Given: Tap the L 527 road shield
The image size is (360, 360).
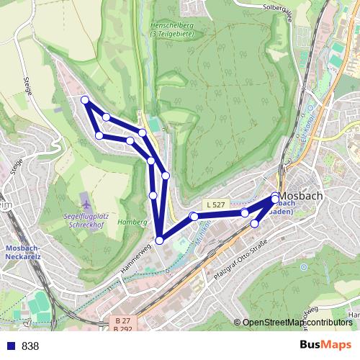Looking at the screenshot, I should pos(215,205).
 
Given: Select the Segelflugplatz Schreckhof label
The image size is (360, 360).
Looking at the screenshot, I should pos(86,220).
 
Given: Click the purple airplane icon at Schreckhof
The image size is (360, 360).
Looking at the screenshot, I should pos(86,199).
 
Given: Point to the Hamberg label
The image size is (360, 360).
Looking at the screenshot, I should pos(132,222).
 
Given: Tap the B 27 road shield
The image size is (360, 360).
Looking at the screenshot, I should pos(122,320).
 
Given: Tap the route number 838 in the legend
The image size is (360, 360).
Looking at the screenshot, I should pos(30,346).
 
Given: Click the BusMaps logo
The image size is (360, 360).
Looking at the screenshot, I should pos(325,345).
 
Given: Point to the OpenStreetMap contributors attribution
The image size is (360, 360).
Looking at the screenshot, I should pos(296,323).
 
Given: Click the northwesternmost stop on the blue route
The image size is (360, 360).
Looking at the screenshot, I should pos(85,100).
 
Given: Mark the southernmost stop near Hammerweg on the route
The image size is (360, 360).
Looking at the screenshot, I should pos(159,240).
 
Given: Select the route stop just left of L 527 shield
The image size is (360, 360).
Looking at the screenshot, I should pos(193,216).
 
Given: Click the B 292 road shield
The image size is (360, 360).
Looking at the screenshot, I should pos(122,328).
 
